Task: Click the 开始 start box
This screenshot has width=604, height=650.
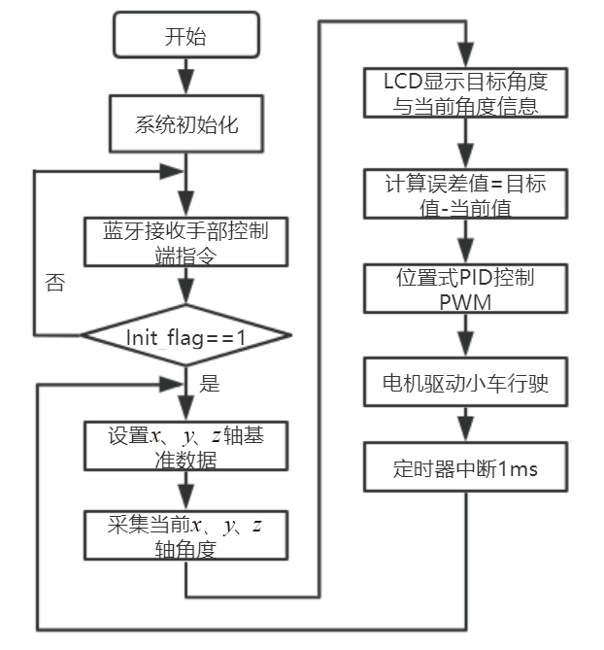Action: point(185,38)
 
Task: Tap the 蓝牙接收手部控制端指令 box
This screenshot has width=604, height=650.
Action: point(185,242)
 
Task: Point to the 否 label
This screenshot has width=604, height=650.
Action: point(55,283)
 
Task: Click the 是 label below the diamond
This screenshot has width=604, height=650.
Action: point(208,383)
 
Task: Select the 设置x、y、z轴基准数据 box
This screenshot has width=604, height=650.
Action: point(185,447)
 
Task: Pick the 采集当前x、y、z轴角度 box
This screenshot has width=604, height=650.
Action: point(185,536)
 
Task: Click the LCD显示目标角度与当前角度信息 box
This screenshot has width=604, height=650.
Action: point(466,94)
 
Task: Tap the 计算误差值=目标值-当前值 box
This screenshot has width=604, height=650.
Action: point(466,194)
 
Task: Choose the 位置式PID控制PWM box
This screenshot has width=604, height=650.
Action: point(466,289)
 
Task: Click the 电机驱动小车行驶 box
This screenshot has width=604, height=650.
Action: point(466,383)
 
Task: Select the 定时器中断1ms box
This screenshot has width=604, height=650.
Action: point(466,469)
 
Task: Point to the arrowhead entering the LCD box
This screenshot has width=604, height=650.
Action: point(466,60)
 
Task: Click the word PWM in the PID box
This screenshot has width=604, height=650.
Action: point(465,302)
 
